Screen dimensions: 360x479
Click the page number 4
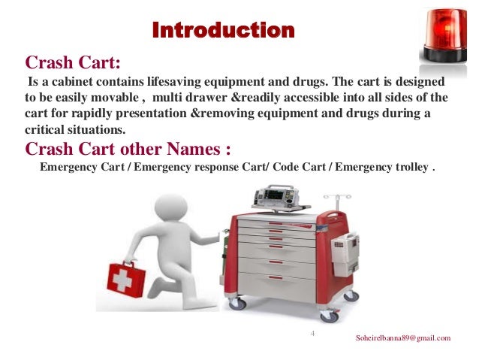coord(313,331)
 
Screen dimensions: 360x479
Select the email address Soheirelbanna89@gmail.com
coord(403,338)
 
